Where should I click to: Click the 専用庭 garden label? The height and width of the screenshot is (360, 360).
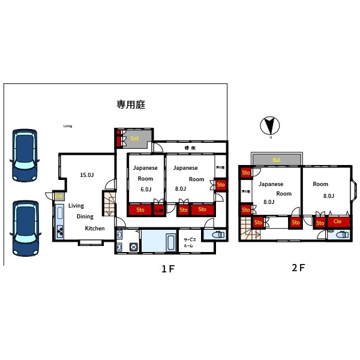(x=131, y=104)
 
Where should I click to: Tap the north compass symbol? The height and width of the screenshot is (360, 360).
(x=270, y=126)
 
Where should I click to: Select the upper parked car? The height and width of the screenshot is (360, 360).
(x=25, y=155)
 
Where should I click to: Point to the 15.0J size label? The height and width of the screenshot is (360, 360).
(x=87, y=175)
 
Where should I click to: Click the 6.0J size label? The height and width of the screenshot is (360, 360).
(x=145, y=189)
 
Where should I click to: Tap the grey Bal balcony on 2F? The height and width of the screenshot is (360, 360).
(x=277, y=160)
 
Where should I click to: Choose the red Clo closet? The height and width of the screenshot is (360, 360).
(x=338, y=221)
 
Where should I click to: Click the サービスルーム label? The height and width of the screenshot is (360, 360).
(x=188, y=243)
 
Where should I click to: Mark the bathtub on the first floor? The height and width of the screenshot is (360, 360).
(x=170, y=243)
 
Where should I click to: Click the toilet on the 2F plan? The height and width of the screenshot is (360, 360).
(x=341, y=235)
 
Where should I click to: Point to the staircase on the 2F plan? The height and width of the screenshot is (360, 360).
(x=247, y=229)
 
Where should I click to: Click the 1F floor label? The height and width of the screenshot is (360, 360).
(x=167, y=269)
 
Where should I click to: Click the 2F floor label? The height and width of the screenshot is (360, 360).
(x=298, y=268)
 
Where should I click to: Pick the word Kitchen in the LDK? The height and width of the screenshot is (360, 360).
(x=95, y=228)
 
